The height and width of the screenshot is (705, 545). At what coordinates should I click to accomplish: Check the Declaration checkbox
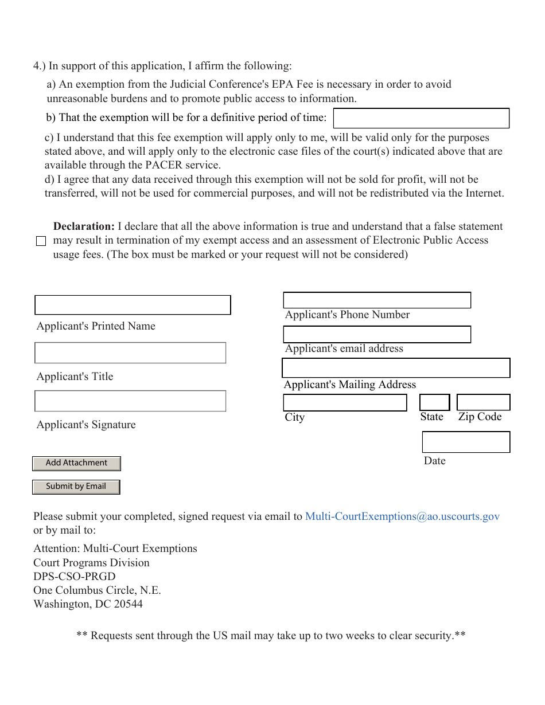41,241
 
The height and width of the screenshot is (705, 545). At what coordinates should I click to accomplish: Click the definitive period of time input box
421,118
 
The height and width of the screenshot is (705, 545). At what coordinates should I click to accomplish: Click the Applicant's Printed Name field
133,305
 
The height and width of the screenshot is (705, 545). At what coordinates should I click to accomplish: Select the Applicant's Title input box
130,353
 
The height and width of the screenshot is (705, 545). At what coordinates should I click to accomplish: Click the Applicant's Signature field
130,401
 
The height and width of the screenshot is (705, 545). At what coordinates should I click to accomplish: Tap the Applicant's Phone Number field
377,300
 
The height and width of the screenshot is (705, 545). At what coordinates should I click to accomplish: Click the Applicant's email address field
377,334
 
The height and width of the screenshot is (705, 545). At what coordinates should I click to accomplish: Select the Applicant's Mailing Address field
396,368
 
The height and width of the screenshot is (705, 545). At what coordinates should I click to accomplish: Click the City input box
345,402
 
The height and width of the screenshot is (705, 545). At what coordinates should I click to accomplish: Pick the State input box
434,402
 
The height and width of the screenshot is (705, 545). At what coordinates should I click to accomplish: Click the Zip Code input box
483,402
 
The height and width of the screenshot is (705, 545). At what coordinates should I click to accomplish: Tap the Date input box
466,442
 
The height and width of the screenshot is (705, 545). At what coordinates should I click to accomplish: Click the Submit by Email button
76,487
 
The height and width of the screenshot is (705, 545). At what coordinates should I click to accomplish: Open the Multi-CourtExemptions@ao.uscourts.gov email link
402,516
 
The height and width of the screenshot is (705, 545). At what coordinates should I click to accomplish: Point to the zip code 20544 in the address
128,604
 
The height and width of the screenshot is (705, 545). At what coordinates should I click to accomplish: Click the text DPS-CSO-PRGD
75,577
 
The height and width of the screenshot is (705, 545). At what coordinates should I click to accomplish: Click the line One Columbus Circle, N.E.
97,590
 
